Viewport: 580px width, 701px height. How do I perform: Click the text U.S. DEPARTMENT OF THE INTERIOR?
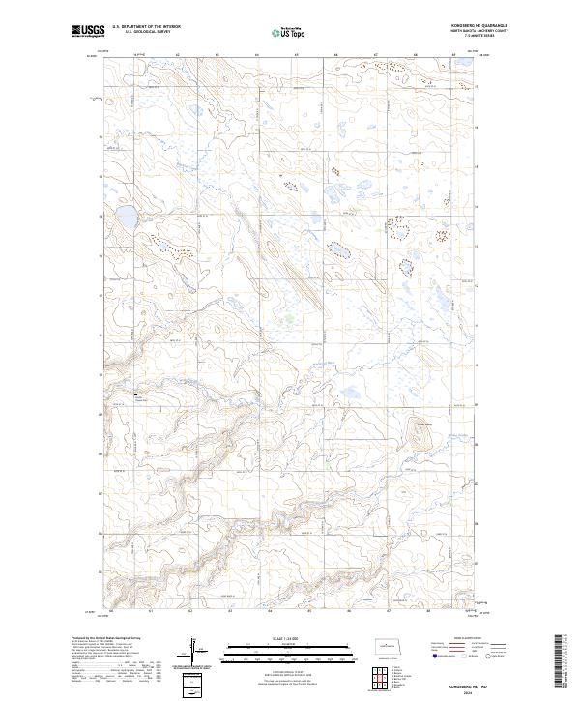(x=146, y=27)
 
